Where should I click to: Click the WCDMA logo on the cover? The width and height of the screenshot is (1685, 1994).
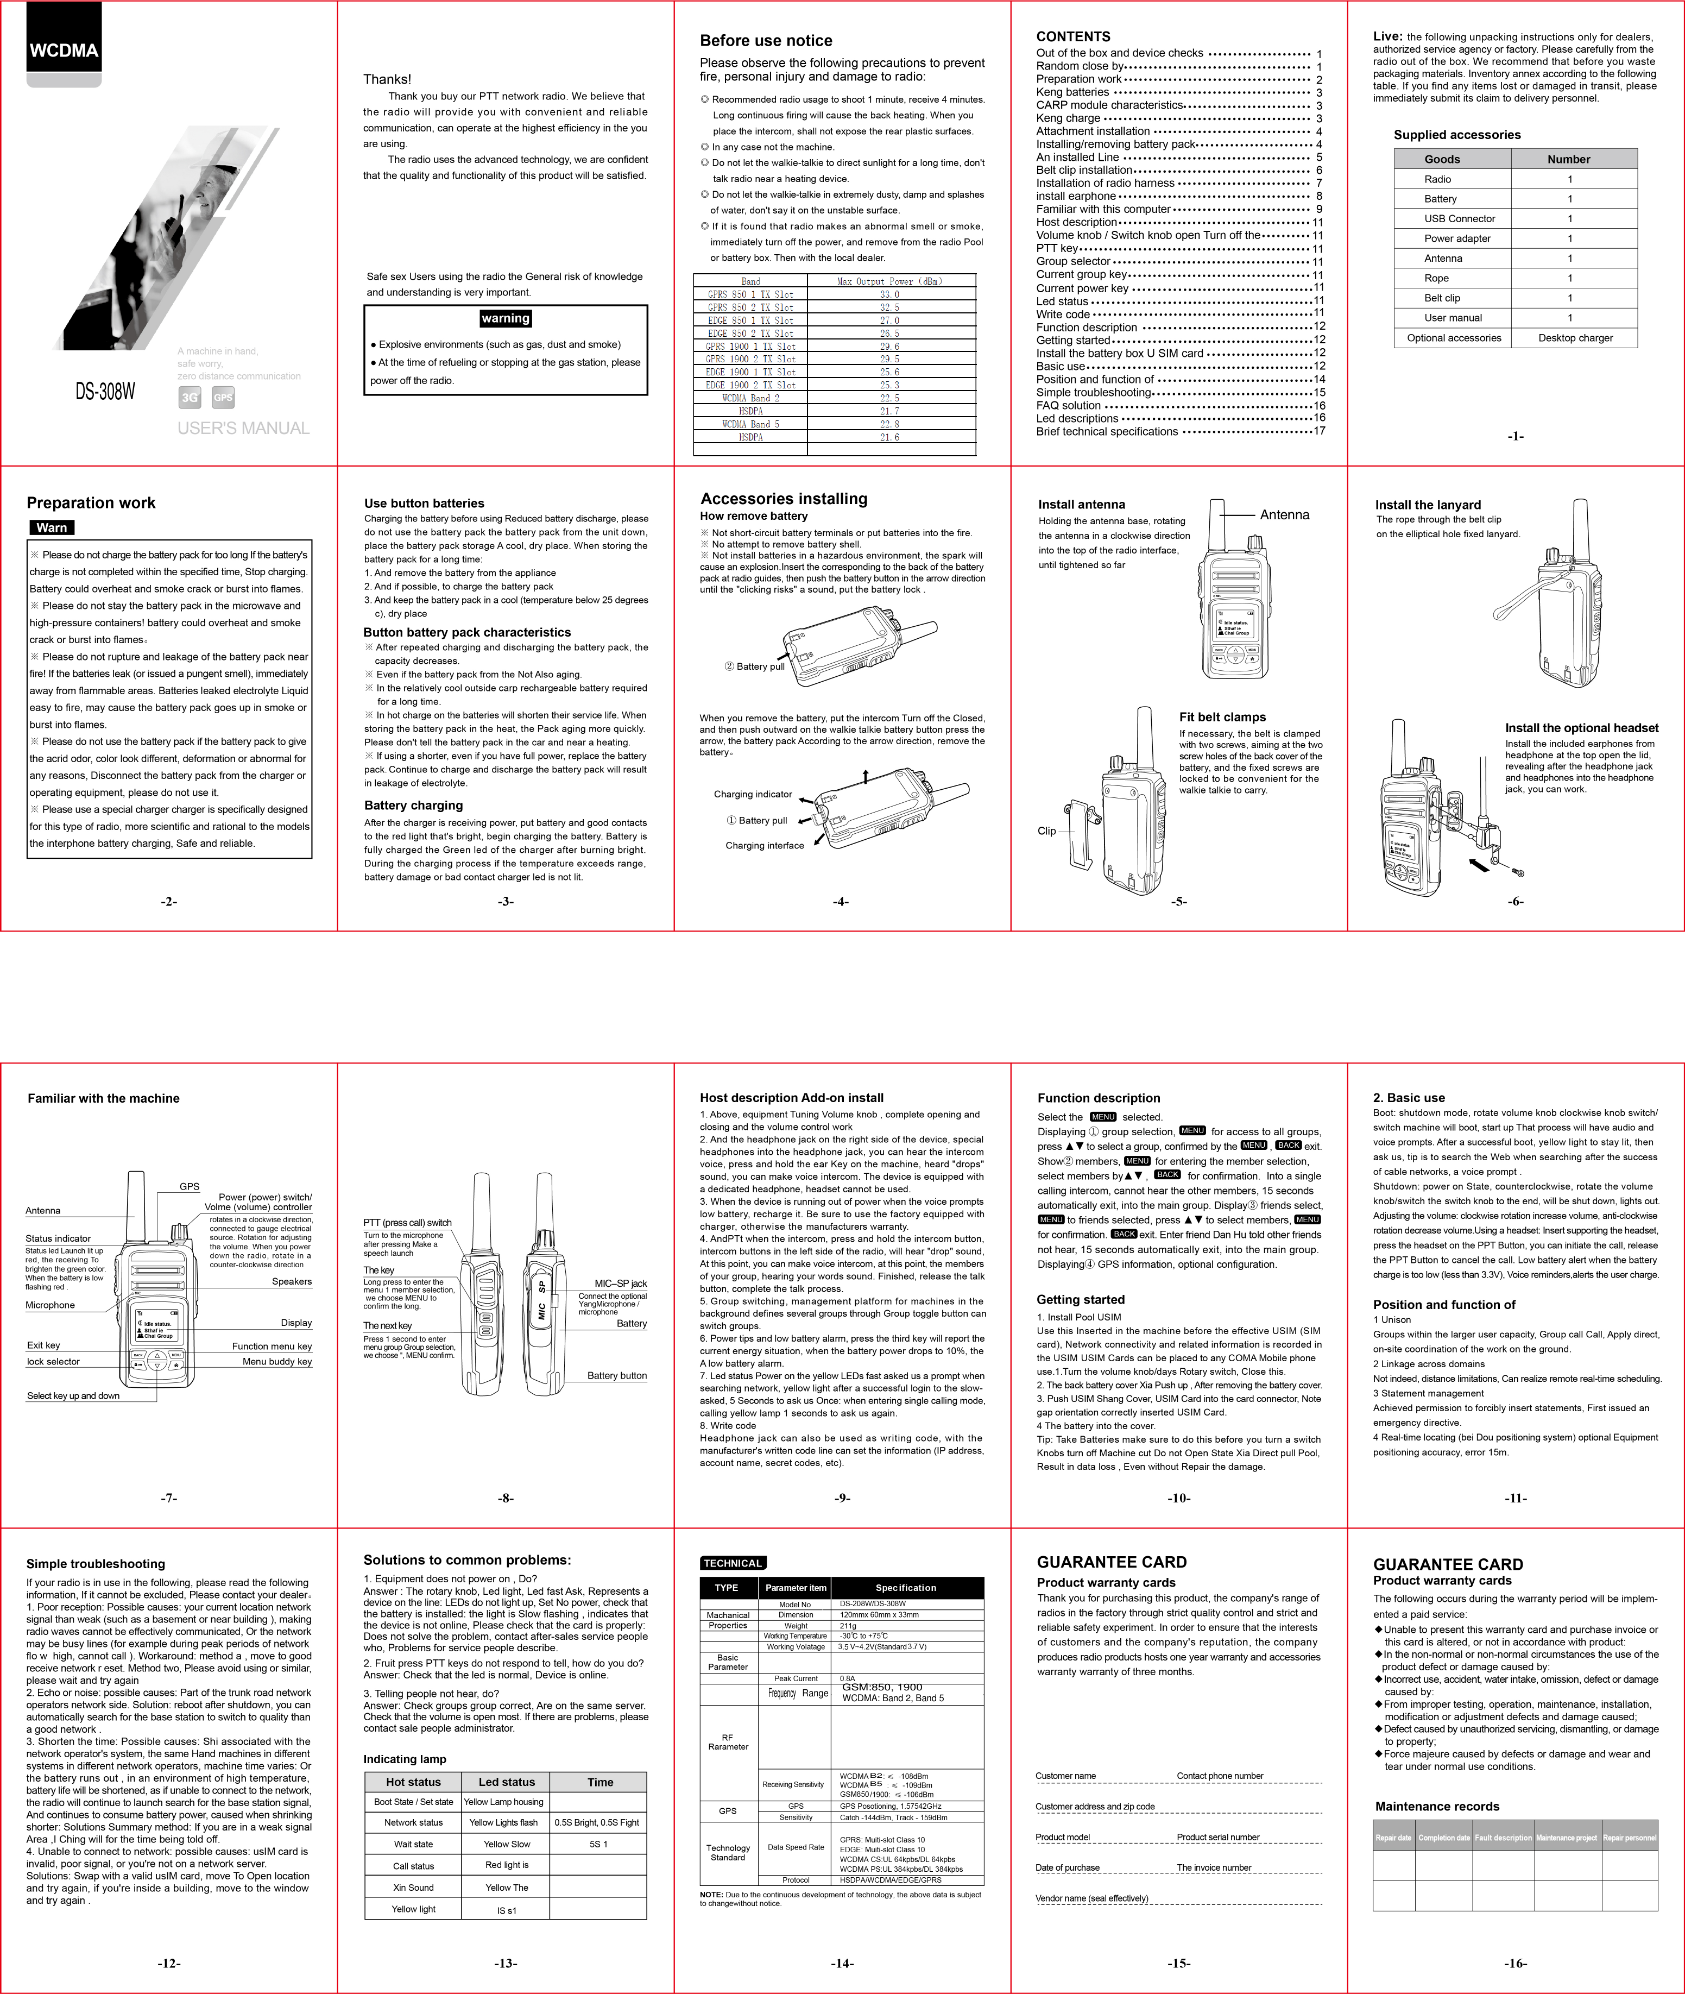click(63, 51)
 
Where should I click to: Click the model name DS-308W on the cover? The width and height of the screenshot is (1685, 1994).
click(105, 392)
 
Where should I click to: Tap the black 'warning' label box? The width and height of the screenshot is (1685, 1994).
click(506, 318)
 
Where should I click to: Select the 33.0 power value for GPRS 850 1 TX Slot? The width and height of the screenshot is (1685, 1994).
click(889, 294)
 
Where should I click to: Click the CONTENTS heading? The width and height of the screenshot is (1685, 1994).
click(1072, 36)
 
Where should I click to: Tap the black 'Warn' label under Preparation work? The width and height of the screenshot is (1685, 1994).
click(52, 527)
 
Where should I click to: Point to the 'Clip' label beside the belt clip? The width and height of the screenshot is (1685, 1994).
click(1047, 831)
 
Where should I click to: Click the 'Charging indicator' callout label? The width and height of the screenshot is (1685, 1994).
click(753, 794)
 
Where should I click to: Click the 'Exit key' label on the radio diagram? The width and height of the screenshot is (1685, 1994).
click(43, 1345)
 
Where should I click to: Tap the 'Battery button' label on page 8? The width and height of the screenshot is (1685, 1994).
click(616, 1376)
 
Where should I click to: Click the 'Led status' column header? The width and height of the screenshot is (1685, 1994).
click(506, 1782)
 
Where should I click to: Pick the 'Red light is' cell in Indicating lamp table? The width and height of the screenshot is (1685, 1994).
click(506, 1865)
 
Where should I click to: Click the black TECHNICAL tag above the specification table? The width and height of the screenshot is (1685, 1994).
click(733, 1563)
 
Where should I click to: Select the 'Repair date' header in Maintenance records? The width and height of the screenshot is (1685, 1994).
click(1393, 1838)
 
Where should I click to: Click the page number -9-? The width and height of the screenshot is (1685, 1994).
click(842, 1498)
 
